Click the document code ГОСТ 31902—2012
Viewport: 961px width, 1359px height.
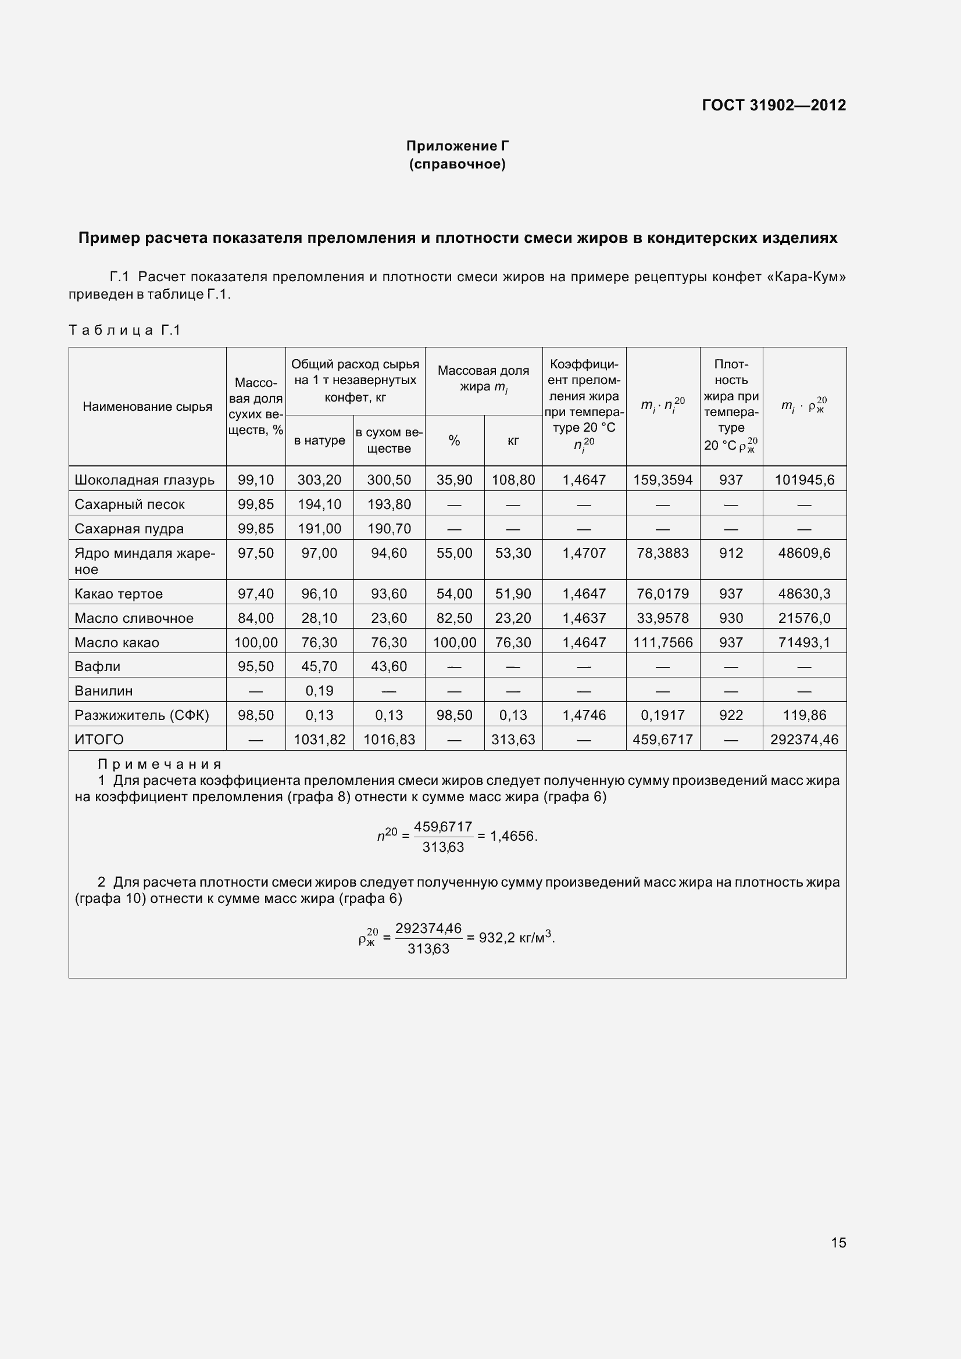click(773, 105)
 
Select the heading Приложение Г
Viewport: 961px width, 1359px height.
click(457, 146)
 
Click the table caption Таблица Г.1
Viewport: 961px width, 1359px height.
click(124, 330)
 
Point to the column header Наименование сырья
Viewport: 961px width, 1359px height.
click(148, 407)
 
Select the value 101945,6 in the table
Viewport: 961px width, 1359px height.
click(804, 480)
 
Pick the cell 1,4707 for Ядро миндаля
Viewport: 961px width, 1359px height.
click(584, 554)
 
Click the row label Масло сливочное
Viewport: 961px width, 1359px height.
click(134, 619)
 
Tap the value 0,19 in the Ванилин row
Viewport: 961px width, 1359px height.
click(319, 691)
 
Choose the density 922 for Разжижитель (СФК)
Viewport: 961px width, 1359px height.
click(731, 715)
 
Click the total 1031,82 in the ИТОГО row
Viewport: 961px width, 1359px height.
click(319, 739)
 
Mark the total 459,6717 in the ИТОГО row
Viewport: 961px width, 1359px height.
click(663, 739)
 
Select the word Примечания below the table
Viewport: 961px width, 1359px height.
click(160, 764)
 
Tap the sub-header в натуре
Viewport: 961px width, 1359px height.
click(319, 440)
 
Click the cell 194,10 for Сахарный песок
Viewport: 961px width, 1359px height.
click(319, 504)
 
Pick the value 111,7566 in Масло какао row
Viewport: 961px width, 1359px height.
click(663, 643)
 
